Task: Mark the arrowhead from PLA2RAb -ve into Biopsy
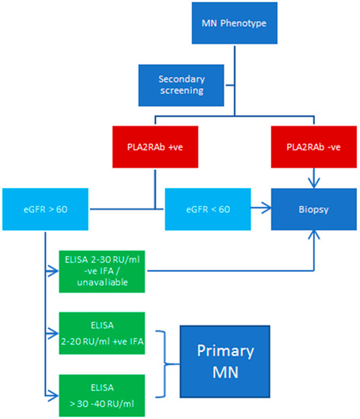(314, 181)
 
